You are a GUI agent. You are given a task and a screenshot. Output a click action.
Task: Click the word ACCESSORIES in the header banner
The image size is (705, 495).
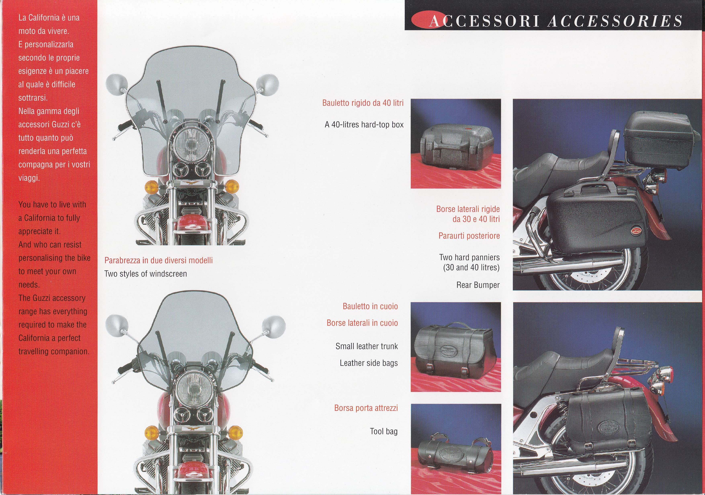(x=615, y=21)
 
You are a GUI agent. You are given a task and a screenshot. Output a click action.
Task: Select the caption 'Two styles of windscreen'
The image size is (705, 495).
(x=146, y=274)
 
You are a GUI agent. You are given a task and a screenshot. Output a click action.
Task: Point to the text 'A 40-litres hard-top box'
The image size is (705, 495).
(x=364, y=125)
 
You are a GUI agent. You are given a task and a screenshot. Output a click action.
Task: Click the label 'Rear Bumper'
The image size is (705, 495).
(x=478, y=285)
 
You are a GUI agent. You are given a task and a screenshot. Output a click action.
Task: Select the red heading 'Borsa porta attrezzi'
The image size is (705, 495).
(x=366, y=408)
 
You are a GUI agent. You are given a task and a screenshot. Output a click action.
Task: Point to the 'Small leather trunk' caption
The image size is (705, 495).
(x=367, y=346)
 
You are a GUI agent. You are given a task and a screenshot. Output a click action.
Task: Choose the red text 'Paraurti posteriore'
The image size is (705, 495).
(x=469, y=236)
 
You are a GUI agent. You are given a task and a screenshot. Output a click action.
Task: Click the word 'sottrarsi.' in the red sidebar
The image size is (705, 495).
(x=33, y=98)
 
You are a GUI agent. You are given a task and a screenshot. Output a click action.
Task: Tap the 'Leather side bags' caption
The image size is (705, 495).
(x=368, y=363)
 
